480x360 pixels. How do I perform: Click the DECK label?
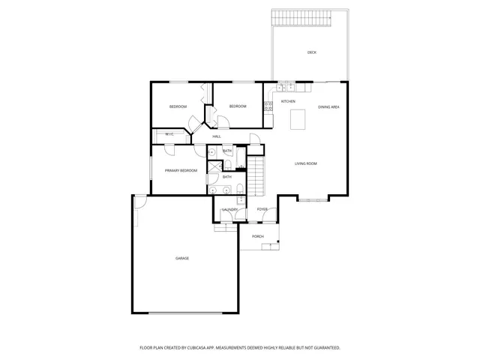tap(311, 52)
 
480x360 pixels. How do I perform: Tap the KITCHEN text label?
tap(288, 101)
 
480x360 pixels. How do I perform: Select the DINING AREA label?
tap(328, 107)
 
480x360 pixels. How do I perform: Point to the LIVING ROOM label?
tap(305, 163)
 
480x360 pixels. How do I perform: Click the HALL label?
tap(217, 136)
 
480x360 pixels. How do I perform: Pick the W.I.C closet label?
tap(169, 135)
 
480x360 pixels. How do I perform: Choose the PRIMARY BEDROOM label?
tap(181, 171)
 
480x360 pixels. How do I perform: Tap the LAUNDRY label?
tap(229, 209)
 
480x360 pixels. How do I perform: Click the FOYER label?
tap(262, 209)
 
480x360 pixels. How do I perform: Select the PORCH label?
tap(257, 236)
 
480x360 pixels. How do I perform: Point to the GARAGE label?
tap(182, 258)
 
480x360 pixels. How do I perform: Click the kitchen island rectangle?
tap(298, 118)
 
